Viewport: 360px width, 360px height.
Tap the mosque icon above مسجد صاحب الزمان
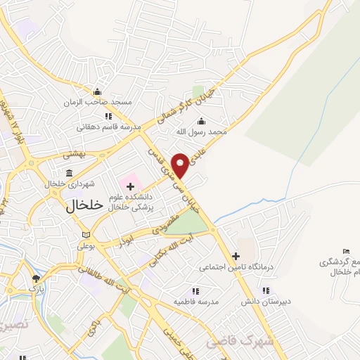tap(98, 92)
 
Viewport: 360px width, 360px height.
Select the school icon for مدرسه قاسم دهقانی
tap(108, 117)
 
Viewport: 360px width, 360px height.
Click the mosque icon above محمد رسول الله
tap(201, 120)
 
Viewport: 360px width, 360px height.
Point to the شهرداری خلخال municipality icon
tap(69, 173)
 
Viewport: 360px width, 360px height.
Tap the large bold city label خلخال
tap(84, 205)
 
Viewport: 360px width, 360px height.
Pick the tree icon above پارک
tap(36, 278)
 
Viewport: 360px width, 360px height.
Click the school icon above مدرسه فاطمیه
tap(195, 291)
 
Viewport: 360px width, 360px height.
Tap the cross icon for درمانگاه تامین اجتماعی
tap(236, 256)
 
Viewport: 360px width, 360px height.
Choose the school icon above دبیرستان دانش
tap(265, 290)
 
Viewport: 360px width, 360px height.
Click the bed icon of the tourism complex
tap(345, 252)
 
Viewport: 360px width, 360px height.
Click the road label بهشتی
tap(72, 153)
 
